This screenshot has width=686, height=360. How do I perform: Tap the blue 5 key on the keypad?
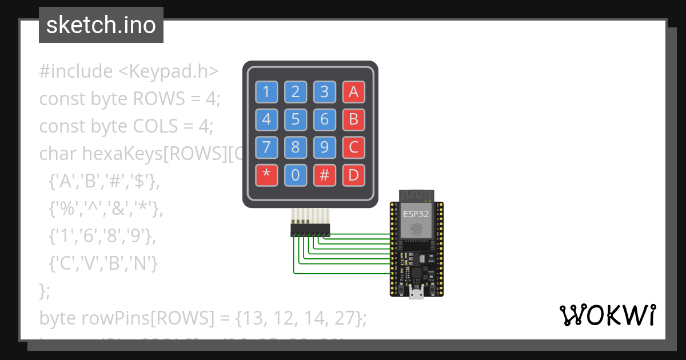tap(296, 119)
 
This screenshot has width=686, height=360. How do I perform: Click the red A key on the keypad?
tap(353, 91)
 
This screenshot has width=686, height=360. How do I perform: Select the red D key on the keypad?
tap(353, 175)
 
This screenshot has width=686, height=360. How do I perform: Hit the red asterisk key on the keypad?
tap(266, 175)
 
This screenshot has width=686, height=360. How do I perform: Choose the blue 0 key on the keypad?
tap(296, 175)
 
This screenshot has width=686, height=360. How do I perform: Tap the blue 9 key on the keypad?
tap(324, 147)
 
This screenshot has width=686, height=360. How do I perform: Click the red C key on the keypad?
tap(353, 147)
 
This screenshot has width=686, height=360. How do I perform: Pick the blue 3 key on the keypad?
tap(324, 91)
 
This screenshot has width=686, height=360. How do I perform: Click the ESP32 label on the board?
tap(416, 215)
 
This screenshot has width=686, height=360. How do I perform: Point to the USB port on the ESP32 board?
tap(417, 294)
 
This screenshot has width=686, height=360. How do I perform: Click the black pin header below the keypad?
tap(310, 230)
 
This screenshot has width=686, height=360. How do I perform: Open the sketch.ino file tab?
tap(101, 25)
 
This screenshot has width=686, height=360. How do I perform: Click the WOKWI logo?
tap(608, 315)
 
